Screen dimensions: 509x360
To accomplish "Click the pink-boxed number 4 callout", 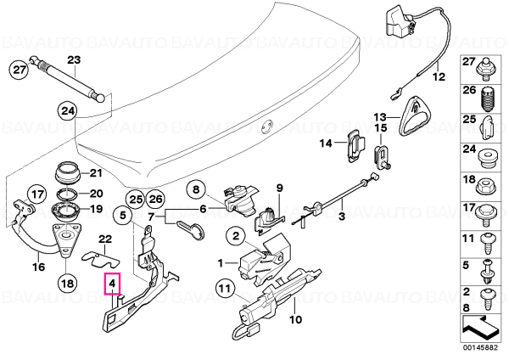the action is (112, 284).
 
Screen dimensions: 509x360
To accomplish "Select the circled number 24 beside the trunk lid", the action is (68, 111).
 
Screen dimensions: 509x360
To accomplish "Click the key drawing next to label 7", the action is (192, 229).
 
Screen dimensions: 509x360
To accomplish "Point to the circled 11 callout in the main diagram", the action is (226, 288).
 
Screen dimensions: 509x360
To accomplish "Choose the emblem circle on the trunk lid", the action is (267, 126).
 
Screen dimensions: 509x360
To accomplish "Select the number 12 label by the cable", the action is (439, 77).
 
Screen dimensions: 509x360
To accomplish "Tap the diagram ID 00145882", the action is (480, 347).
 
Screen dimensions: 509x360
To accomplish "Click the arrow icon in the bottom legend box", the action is (480, 329).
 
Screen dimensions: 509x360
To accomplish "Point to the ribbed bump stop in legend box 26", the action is (487, 99).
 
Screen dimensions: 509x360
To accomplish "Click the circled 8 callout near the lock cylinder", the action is (196, 189).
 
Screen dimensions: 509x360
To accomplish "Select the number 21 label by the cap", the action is (96, 173).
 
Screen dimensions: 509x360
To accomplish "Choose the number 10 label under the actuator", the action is (295, 319).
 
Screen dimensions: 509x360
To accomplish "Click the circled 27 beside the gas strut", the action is (19, 70).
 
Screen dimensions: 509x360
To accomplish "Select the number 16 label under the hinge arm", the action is (38, 267).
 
